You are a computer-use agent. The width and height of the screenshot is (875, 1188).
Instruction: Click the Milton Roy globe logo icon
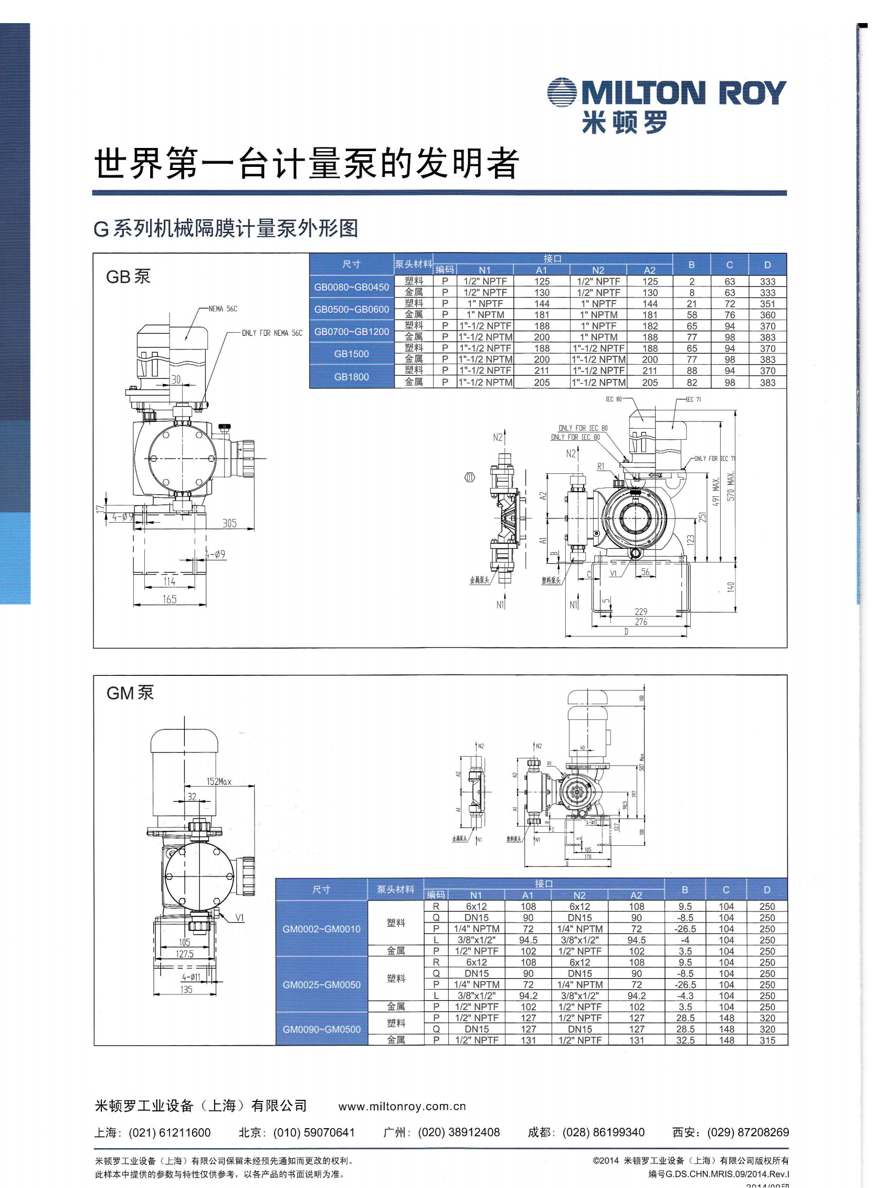click(562, 93)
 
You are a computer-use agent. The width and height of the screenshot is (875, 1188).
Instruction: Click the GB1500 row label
click(351, 354)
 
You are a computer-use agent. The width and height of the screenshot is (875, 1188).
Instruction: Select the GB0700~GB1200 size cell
click(351, 332)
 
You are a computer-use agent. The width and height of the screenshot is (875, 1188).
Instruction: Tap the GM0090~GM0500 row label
click(321, 1029)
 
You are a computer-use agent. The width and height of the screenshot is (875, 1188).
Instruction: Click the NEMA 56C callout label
click(223, 309)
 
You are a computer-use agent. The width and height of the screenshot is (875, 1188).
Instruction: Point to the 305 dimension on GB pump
click(229, 523)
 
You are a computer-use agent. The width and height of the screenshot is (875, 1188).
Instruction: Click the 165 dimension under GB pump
click(170, 599)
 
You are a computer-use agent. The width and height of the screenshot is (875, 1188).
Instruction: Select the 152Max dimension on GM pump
click(219, 781)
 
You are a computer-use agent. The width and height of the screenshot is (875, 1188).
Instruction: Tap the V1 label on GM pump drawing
click(240, 917)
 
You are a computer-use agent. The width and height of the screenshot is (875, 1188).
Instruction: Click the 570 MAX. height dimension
click(731, 486)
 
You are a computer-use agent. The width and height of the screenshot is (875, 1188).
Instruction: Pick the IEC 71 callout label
click(693, 399)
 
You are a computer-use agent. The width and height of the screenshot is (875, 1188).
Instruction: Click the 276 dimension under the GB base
click(641, 622)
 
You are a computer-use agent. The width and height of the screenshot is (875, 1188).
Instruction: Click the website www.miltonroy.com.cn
click(402, 1107)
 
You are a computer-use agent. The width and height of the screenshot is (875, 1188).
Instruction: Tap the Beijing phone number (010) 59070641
click(313, 1132)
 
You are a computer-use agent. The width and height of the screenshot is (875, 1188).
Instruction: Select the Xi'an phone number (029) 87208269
click(748, 1132)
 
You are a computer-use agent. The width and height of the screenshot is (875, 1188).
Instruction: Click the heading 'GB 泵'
click(128, 277)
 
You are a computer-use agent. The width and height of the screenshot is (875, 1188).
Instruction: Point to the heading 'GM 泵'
click(130, 693)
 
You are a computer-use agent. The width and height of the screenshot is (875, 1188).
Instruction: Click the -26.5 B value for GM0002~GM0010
click(685, 929)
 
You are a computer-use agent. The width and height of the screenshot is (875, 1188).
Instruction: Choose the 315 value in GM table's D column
click(767, 1041)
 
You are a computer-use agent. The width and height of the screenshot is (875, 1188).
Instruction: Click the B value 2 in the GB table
click(692, 282)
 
